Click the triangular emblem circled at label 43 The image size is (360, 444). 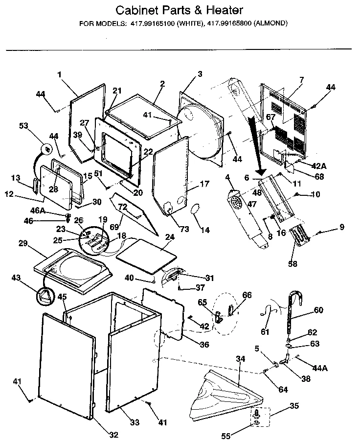tap(45, 295)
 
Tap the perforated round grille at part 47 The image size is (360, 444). tap(236, 202)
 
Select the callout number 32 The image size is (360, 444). tap(114, 435)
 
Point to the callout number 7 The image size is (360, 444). tap(302, 79)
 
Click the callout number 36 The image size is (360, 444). tap(204, 344)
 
